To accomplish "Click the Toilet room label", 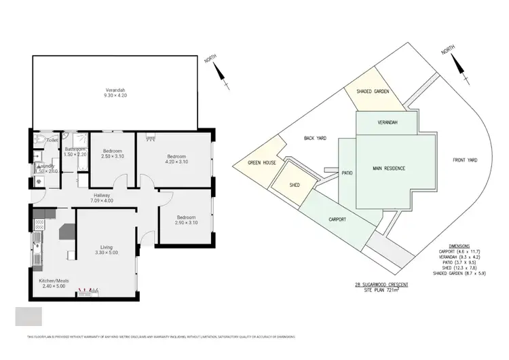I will pos(42,141).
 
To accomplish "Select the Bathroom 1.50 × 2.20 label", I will pos(75,152).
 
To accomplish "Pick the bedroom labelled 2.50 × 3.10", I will pos(112,154).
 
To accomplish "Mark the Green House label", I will pos(260,162).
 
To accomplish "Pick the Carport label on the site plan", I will pos(337,219).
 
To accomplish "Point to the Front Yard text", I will pos(466,160).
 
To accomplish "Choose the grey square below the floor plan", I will pos(29,317).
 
